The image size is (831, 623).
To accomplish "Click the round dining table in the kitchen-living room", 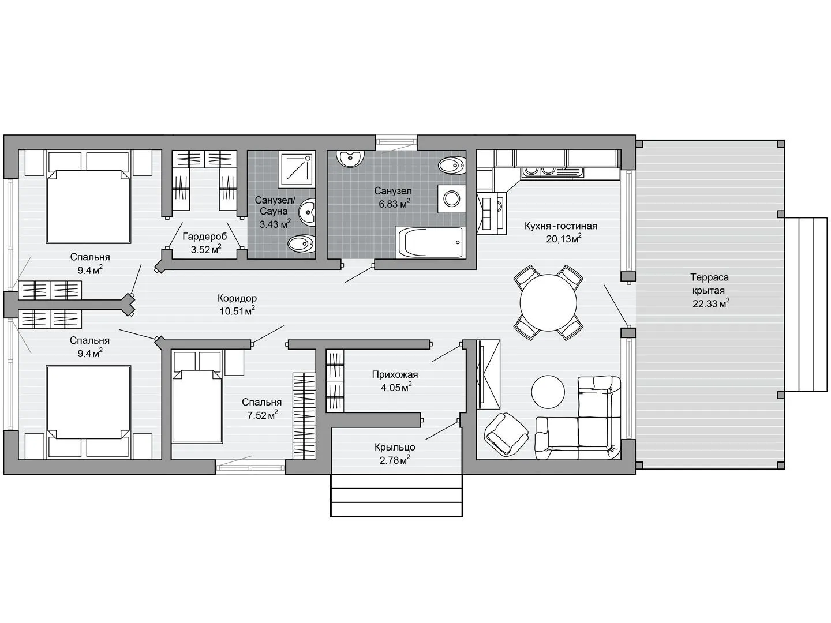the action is click(x=548, y=303).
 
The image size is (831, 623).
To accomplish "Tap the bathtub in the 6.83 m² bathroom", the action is click(x=431, y=242).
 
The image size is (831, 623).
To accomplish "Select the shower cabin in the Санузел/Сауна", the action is click(x=297, y=170).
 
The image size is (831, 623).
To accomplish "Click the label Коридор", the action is click(x=237, y=298).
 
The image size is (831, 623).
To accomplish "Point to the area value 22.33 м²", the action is click(x=710, y=304).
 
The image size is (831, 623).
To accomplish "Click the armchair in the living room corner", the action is click(x=506, y=434).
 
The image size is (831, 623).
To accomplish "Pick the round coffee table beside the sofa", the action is click(x=548, y=392).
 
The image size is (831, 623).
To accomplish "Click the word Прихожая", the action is click(x=395, y=374).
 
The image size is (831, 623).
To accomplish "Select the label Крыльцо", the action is click(x=395, y=447).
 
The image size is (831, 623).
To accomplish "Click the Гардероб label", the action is click(x=205, y=237).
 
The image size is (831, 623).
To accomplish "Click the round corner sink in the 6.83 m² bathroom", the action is click(x=350, y=159).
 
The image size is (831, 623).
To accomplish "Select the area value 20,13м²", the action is click(x=564, y=239).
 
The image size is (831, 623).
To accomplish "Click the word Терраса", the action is click(x=709, y=277).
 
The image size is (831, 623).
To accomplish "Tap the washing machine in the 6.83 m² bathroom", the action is click(x=452, y=198).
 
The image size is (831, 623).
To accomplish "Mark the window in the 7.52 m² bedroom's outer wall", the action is click(x=250, y=467).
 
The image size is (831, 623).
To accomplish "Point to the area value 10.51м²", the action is click(x=237, y=311).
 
